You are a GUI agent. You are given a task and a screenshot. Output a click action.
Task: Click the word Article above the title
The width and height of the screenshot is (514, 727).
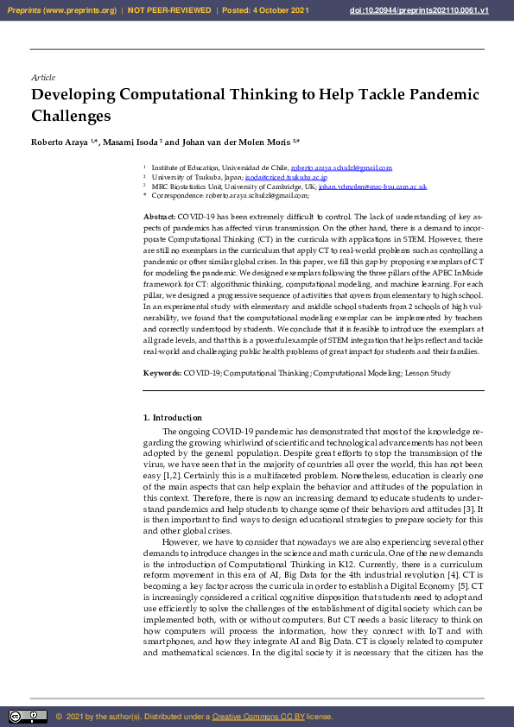pos(42,78)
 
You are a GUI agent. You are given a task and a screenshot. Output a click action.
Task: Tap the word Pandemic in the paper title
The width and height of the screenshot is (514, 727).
pos(441,95)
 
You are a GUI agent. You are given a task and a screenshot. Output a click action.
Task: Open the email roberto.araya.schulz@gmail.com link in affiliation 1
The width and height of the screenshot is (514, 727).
pos(329,168)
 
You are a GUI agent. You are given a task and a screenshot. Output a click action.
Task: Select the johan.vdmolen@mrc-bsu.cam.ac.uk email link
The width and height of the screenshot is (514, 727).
pos(372,186)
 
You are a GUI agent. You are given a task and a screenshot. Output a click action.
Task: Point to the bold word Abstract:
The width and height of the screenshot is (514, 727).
pos(160,215)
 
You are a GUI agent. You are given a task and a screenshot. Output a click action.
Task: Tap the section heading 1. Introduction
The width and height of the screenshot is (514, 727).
pos(172,418)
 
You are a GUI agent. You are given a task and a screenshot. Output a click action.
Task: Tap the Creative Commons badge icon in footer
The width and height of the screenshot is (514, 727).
pos(28,717)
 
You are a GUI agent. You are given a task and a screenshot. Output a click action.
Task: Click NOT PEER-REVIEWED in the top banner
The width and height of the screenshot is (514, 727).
pos(169,10)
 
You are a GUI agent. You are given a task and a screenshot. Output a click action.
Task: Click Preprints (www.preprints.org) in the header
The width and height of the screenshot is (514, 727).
pos(60,10)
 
